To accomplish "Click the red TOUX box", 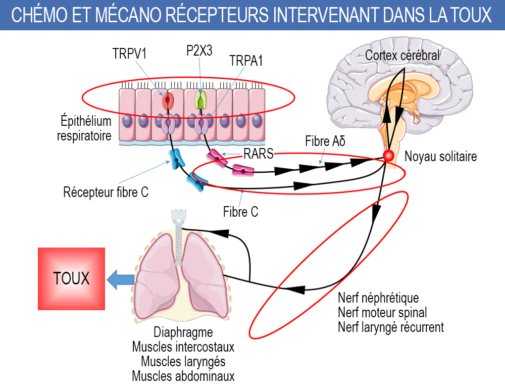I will coord(71,278).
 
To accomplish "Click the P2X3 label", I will coord(199,52).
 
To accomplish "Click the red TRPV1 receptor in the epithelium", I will coord(168,101).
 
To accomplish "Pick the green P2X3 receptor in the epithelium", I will coord(201,100).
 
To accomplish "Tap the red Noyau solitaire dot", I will coord(388,156).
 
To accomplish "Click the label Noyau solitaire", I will coord(440,157).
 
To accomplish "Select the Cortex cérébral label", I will coord(402,55).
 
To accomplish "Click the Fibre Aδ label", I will coord(325,141).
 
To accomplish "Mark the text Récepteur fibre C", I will coord(106,192).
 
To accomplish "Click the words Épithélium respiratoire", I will coord(84,128).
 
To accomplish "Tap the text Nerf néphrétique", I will coord(378,298).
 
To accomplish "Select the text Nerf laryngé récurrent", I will coord(391,327).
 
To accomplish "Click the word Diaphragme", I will coord(183,333).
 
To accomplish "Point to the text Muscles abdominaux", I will coord(183,376).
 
